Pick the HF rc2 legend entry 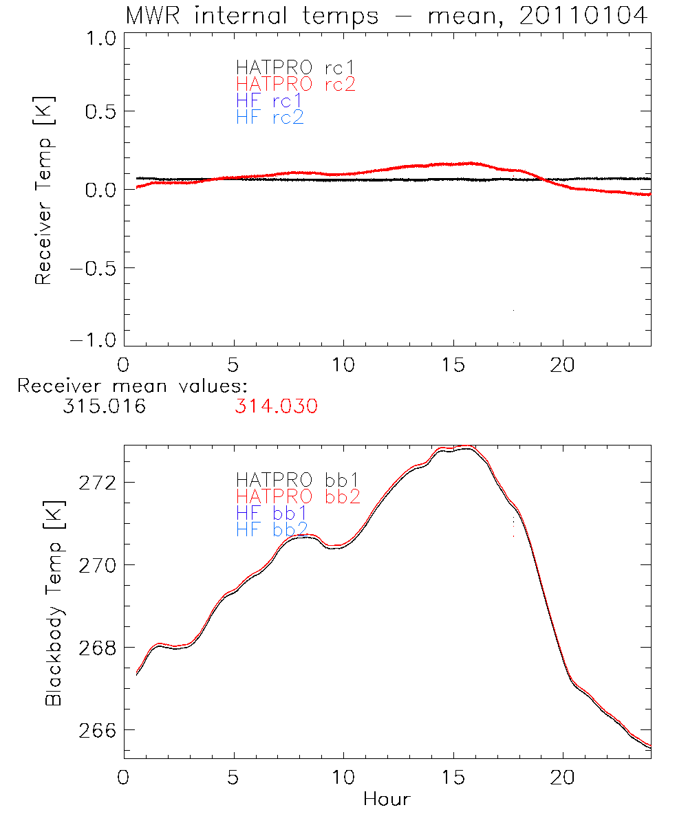269,118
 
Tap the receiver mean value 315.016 103,407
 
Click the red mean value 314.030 276,407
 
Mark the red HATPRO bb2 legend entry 297,496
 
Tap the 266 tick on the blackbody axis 93,730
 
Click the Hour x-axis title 387,800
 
